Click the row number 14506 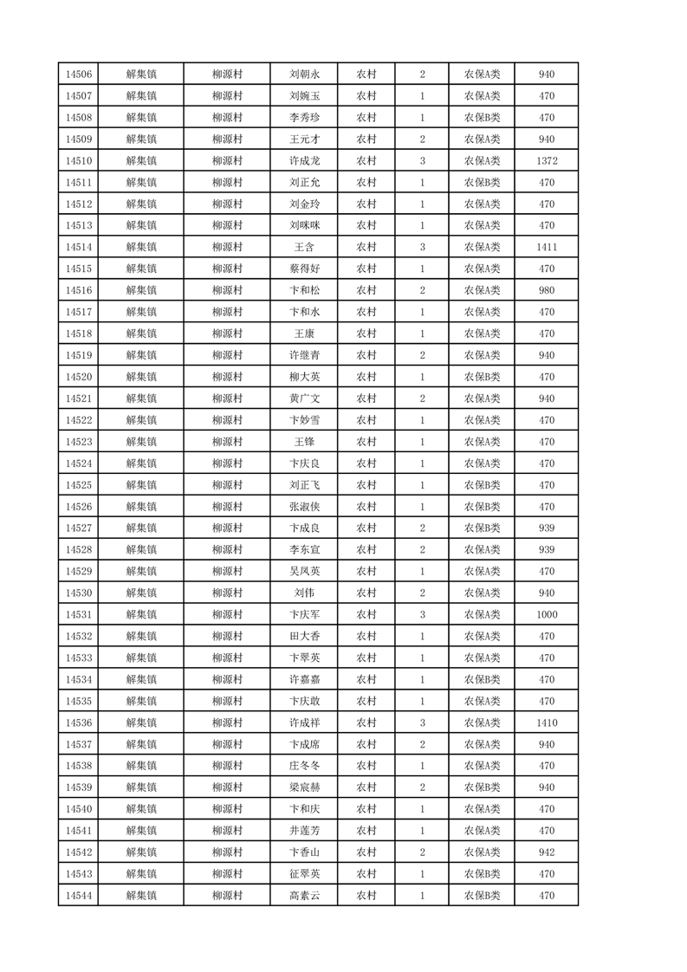click(78, 75)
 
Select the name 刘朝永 click(305, 75)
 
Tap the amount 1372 click(546, 161)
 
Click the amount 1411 click(546, 248)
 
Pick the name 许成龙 click(305, 161)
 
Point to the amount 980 click(546, 290)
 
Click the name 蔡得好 click(305, 269)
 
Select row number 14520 click(78, 377)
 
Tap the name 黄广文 click(305, 399)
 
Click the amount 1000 click(546, 614)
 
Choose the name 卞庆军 click(305, 614)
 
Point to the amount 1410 click(546, 723)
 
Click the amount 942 click(546, 852)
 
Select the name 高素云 click(305, 895)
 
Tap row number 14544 click(78, 895)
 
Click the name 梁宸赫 click(305, 787)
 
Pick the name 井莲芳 click(305, 830)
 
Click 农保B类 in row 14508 click(482, 118)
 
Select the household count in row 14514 click(422, 248)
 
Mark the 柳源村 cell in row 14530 click(227, 593)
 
